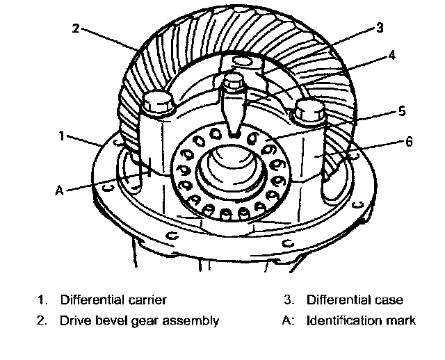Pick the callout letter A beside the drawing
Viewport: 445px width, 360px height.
pyautogui.click(x=60, y=190)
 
